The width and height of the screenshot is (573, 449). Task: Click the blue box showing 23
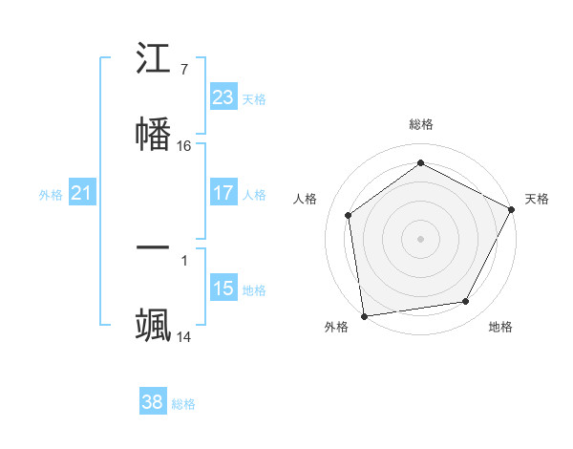click(223, 97)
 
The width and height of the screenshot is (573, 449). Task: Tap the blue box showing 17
click(223, 193)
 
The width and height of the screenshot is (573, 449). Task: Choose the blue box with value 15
click(223, 289)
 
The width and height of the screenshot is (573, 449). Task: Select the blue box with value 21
click(82, 193)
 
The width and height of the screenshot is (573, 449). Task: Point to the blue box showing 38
click(153, 402)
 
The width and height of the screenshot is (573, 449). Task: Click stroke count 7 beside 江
click(184, 69)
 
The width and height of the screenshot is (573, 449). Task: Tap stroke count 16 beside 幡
click(184, 145)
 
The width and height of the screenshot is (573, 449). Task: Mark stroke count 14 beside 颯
click(184, 336)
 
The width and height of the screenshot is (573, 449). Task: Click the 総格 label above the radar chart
click(421, 124)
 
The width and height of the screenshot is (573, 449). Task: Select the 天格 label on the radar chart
click(537, 199)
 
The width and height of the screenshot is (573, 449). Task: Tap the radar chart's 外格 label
click(335, 327)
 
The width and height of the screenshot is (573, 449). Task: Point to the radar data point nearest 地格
click(466, 302)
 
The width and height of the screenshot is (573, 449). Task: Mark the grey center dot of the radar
click(420, 238)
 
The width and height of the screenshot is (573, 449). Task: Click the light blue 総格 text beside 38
click(183, 404)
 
